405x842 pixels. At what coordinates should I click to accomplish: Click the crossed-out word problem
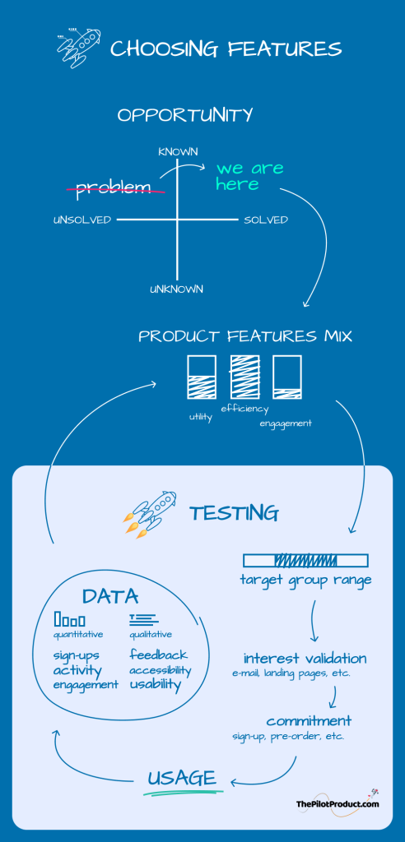point(113,187)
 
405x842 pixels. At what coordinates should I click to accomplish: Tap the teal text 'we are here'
point(249,176)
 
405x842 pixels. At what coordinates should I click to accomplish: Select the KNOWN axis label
point(178,152)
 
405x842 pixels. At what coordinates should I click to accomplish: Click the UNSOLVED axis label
point(82,220)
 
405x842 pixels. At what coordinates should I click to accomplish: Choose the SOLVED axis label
point(266,220)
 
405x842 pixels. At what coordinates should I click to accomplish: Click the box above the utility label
point(201,377)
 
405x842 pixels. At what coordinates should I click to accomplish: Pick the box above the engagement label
point(286,377)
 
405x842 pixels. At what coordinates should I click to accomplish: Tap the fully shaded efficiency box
point(244,377)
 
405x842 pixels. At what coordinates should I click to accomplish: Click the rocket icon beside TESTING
point(150,513)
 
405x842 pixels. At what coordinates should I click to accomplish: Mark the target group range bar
point(305,561)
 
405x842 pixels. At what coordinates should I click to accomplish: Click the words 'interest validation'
point(305,659)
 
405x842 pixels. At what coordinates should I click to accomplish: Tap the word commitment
point(309,720)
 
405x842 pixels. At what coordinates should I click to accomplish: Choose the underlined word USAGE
point(182,778)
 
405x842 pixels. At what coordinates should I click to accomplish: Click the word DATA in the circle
point(110,597)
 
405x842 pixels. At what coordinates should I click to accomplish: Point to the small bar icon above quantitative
point(69,619)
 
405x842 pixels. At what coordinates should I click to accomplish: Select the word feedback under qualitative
point(159,655)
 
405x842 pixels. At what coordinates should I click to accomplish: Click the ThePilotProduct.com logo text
point(337,804)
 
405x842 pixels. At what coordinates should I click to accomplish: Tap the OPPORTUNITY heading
point(185,115)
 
